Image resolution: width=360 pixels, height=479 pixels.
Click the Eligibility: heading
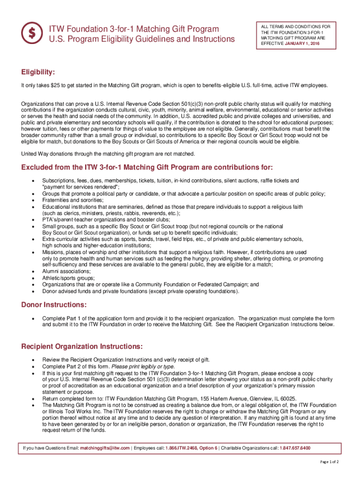tap(38, 72)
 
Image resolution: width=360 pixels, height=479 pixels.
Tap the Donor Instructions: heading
tap(54, 305)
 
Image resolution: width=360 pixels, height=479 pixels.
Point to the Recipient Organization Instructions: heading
tap(82, 347)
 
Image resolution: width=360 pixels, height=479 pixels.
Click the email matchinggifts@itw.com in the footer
tap(105, 448)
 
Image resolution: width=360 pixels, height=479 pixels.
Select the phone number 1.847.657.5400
tap(295, 448)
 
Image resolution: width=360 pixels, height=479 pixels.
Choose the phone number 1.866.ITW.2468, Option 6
tap(191, 448)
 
